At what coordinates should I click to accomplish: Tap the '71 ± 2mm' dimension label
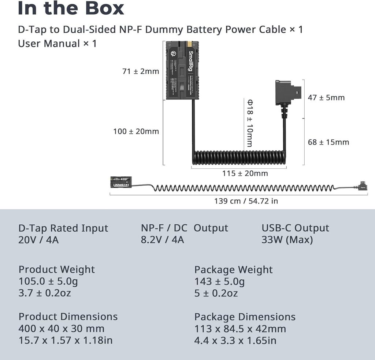click(141, 71)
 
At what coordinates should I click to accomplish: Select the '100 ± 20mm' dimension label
click(136, 131)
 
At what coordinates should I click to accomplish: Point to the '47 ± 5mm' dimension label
click(326, 98)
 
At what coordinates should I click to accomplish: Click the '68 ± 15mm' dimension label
click(328, 142)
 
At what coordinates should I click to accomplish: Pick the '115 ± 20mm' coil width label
click(245, 173)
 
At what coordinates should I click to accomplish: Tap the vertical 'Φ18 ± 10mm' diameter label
click(249, 123)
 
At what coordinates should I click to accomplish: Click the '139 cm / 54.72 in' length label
click(246, 201)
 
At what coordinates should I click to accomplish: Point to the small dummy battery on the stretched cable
click(121, 182)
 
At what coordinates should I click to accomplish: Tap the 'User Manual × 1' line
click(57, 43)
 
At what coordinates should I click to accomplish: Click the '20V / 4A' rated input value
click(39, 240)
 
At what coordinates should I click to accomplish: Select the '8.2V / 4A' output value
click(163, 240)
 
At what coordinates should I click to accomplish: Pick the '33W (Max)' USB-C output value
click(287, 240)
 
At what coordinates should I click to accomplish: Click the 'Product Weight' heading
click(57, 269)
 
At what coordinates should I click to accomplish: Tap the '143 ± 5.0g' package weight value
click(219, 282)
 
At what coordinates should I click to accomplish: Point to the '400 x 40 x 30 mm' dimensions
click(62, 328)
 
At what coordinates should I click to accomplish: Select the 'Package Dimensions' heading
click(245, 317)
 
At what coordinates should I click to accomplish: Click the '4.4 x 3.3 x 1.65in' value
click(235, 340)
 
